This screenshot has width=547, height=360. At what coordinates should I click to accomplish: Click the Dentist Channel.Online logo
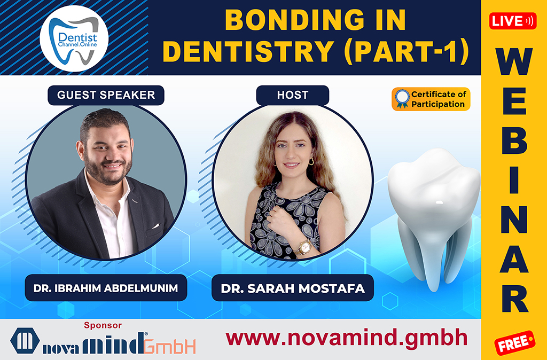[x=74, y=38]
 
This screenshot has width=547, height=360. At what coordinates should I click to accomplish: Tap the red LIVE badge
[x=512, y=21]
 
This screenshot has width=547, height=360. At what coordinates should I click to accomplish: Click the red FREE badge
[x=514, y=343]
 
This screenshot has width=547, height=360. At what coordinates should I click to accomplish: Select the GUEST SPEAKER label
[x=106, y=95]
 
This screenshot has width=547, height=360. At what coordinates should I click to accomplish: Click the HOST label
[x=292, y=95]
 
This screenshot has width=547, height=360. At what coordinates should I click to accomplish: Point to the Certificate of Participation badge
[x=431, y=99]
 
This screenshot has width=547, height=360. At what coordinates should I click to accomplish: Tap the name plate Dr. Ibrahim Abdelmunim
[x=106, y=288]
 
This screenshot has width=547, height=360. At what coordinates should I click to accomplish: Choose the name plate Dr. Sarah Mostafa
[x=292, y=288]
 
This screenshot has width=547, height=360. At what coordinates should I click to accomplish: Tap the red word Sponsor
[x=103, y=325]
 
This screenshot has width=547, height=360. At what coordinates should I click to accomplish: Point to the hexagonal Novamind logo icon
[x=25, y=341]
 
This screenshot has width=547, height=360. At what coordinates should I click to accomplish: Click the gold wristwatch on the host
[x=303, y=246]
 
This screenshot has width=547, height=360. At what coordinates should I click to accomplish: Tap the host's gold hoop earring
[x=311, y=161]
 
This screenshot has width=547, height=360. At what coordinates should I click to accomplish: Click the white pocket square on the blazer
[x=155, y=226]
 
